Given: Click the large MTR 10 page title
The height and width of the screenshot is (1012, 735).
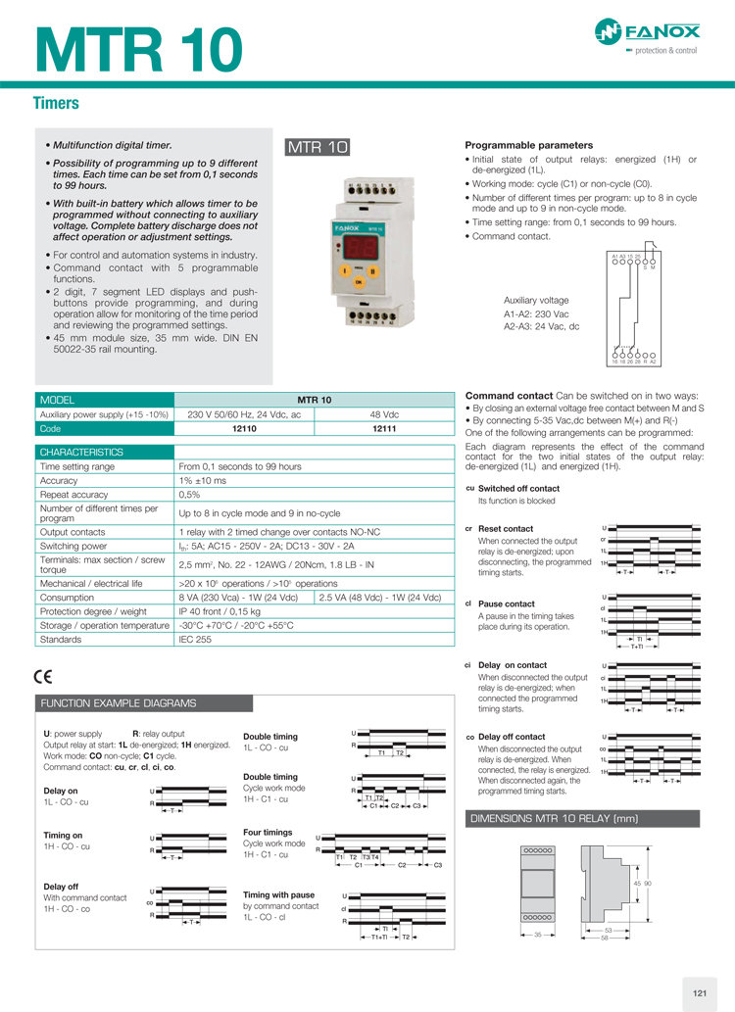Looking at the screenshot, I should coord(139,48).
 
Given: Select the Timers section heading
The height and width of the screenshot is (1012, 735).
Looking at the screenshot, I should coord(56,103).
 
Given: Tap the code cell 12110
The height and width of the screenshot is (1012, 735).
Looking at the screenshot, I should coord(244,428).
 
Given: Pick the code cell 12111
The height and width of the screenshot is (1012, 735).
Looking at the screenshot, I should coord(385,428).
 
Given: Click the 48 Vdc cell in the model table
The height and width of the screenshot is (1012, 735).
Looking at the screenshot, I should coord(385,414).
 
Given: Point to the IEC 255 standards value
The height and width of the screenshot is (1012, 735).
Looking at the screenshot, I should coord(195,639).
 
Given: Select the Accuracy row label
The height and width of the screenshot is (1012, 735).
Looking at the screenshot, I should coord(59,480).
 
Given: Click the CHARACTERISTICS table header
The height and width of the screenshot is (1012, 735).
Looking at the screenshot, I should coord(81,453).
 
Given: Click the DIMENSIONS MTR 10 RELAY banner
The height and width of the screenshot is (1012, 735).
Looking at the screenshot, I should coord(555,818).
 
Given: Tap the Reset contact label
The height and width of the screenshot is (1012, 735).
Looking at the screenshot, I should coord(506,529).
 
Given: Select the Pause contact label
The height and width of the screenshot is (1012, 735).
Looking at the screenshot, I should coord(506,603).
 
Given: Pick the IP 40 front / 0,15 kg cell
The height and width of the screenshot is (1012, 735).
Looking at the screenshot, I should coord(220,611).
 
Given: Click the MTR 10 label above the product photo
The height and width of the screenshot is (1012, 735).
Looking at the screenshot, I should coord(318,148).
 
